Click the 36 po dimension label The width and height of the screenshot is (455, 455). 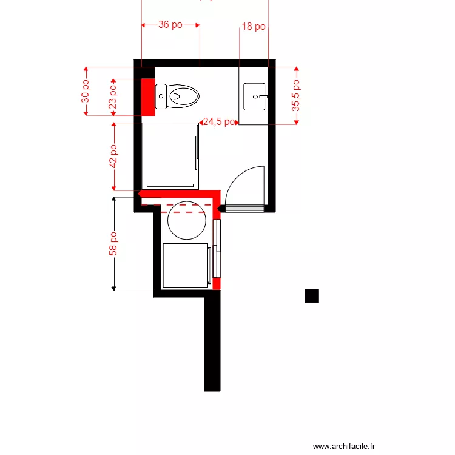point(170,25)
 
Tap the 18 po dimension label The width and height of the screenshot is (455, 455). point(254,26)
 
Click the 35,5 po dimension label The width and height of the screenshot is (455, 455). point(296,95)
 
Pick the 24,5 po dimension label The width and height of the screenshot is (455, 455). point(219,122)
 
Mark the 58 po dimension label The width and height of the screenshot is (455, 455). point(113,243)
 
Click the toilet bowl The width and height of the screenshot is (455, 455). point(183,96)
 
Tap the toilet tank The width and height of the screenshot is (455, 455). point(161,96)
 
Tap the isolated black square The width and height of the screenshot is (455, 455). point(311,295)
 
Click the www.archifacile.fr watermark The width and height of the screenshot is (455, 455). point(344,446)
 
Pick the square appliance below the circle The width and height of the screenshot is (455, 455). point(186,265)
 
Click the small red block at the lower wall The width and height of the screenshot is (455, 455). point(216,284)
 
